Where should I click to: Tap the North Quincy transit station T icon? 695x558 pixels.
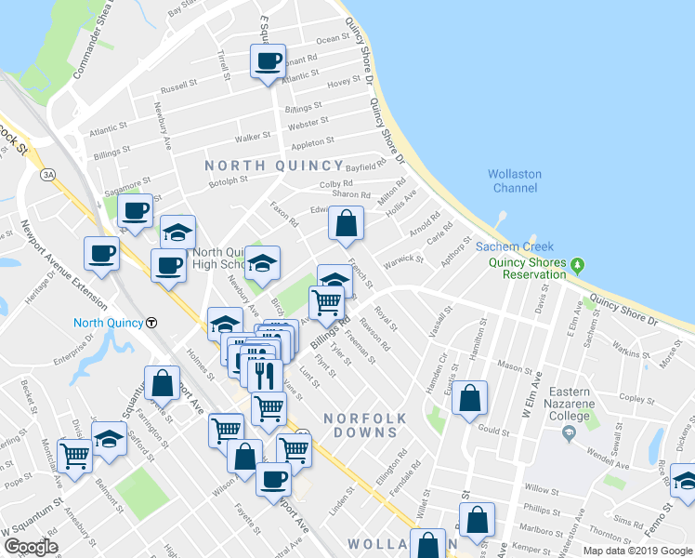151,323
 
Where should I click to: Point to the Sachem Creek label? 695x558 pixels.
515,246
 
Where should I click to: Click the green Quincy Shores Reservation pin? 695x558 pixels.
578,266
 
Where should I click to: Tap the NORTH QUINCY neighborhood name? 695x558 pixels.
262,166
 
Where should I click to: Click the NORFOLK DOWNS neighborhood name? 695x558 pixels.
366,419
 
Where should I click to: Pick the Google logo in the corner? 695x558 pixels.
31,547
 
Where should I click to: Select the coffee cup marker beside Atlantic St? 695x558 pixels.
268,62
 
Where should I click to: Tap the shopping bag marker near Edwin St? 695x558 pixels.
346,223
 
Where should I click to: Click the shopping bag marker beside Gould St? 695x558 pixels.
470,397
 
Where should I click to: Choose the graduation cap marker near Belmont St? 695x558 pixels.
109,439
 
